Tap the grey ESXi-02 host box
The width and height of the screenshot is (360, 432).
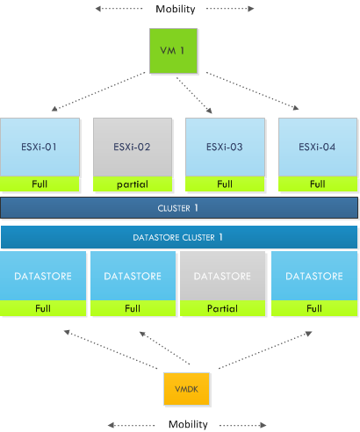click(x=133, y=147)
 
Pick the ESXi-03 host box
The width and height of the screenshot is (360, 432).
click(x=224, y=147)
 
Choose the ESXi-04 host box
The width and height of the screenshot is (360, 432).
click(x=317, y=147)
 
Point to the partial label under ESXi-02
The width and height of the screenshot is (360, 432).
click(x=133, y=184)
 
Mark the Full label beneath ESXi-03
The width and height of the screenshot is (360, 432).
click(x=224, y=184)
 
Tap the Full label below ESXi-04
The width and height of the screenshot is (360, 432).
click(x=317, y=184)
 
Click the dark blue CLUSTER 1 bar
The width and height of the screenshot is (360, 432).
click(x=179, y=208)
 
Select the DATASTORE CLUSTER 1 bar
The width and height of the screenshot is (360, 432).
click(x=179, y=237)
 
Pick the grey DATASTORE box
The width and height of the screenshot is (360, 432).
click(x=223, y=276)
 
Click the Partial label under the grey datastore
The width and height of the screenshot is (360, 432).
click(x=223, y=309)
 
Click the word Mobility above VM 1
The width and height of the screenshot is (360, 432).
click(x=175, y=9)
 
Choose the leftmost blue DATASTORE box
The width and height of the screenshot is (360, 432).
click(x=44, y=276)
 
